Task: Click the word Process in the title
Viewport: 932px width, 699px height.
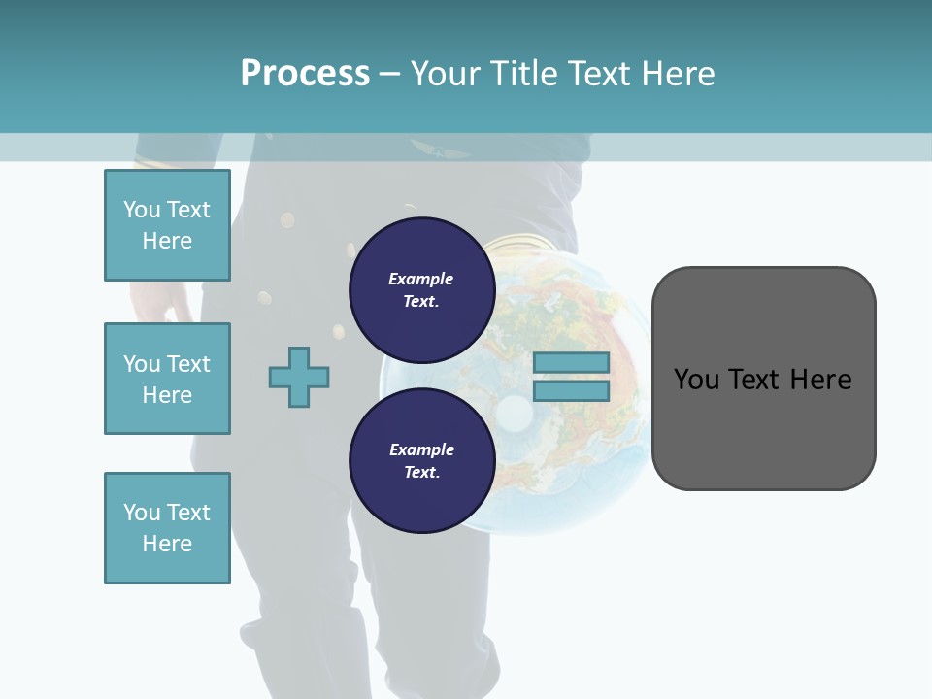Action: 305,73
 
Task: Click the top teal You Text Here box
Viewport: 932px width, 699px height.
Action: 167,225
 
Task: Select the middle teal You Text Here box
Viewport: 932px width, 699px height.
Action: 167,379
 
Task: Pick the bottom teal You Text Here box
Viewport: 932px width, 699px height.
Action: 167,528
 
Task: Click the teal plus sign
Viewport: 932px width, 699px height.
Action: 299,377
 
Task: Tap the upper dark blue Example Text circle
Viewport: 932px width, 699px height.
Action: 421,290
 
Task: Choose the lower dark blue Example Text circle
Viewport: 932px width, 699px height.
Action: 421,461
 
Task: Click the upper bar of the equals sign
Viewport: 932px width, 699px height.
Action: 572,363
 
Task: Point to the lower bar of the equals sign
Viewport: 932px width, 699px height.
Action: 572,391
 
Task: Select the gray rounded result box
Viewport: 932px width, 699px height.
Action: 763,437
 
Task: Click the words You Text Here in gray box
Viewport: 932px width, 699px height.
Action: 763,379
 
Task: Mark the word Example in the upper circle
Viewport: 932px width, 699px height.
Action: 421,279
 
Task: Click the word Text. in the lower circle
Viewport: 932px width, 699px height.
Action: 421,473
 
